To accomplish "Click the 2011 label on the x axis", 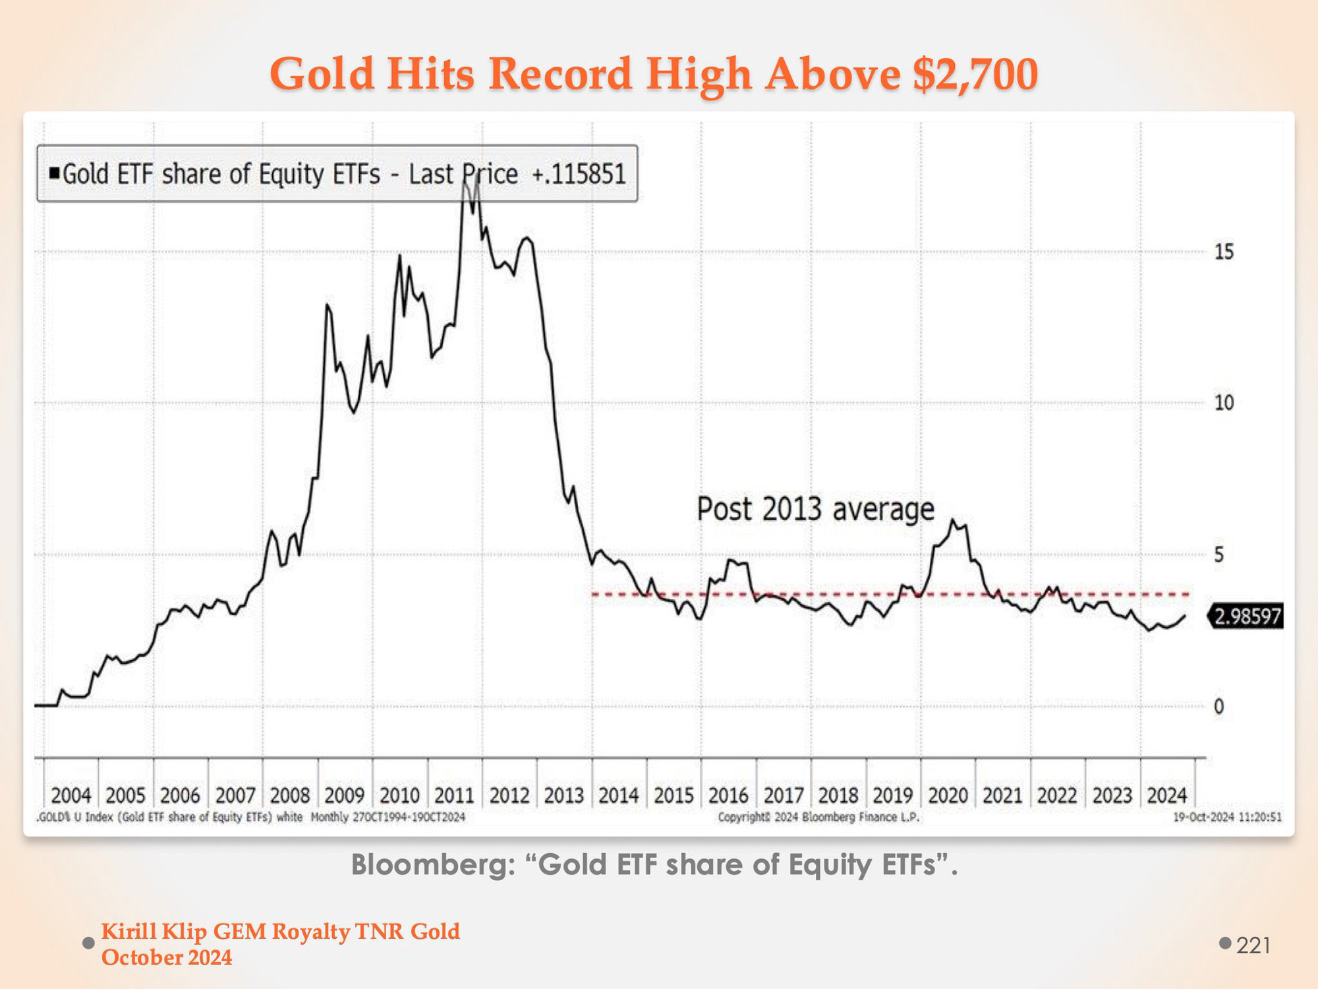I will pos(454,795).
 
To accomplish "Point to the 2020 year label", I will pos(948,795).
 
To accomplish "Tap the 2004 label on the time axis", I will pos(71,795).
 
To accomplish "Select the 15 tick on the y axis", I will pos(1224,252).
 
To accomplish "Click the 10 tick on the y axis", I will pos(1224,403).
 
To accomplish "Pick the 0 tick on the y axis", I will pos(1219,707).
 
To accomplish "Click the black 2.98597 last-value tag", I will pos(1247,617).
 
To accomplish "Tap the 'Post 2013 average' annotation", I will pos(815,510).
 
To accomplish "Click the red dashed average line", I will pos(824,595).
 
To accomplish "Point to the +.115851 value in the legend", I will pos(579,174).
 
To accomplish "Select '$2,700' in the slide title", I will pos(975,73).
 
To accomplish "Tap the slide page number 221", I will pos(1253,945).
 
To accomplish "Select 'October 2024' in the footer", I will pos(167,957).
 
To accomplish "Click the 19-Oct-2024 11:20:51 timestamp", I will pos(1227,818).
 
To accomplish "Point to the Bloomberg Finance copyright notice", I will pos(818,818).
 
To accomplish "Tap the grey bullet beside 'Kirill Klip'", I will pos(88,943).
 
